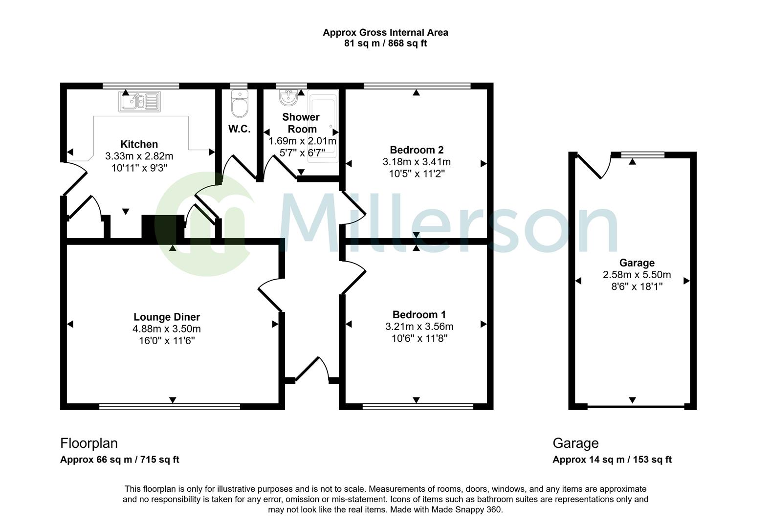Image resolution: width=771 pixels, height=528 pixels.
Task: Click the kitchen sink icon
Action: point(139,102)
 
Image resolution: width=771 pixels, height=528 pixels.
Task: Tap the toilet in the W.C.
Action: point(240,105)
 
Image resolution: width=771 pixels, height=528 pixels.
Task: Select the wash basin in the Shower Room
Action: point(288,97)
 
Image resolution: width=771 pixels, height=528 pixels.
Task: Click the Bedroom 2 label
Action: point(417,150)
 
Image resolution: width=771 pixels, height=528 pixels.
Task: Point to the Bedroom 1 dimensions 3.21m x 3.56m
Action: point(419,327)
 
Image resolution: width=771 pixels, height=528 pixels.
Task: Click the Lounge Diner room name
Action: point(167,317)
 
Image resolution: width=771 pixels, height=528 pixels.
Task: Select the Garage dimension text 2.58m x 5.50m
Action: point(637,275)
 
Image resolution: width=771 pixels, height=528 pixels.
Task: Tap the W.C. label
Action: point(240,129)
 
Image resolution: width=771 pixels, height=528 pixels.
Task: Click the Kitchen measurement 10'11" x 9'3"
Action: point(139,168)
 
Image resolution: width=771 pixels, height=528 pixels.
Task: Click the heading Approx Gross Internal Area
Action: point(385,33)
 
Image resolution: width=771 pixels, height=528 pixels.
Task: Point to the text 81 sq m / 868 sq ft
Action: point(385,44)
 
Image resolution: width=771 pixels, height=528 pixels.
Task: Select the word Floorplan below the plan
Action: point(89,443)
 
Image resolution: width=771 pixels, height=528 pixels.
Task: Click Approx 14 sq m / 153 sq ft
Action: point(612,460)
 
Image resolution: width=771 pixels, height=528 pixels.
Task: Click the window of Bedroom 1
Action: point(418,406)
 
